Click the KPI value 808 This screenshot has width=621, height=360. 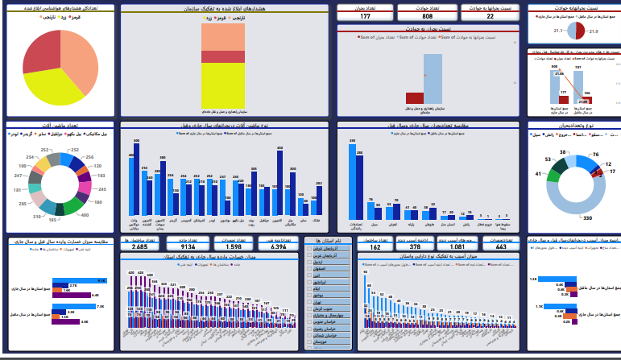pyautogui.click(x=427, y=16)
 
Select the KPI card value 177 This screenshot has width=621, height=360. pyautogui.click(x=365, y=16)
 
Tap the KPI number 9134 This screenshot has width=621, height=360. pyautogui.click(x=188, y=247)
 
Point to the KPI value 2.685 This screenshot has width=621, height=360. pyautogui.click(x=139, y=247)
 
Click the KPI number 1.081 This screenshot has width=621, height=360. pyautogui.click(x=457, y=247)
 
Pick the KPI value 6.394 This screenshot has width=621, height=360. pyautogui.click(x=279, y=247)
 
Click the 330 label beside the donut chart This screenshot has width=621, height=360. pyautogui.click(x=587, y=218)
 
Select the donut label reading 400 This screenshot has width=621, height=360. pyautogui.click(x=85, y=215)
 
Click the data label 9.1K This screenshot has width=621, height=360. pyautogui.click(x=101, y=279)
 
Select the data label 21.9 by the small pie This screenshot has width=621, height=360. pyautogui.click(x=594, y=31)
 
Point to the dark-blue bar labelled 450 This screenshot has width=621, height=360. pyautogui.click(x=279, y=184)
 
